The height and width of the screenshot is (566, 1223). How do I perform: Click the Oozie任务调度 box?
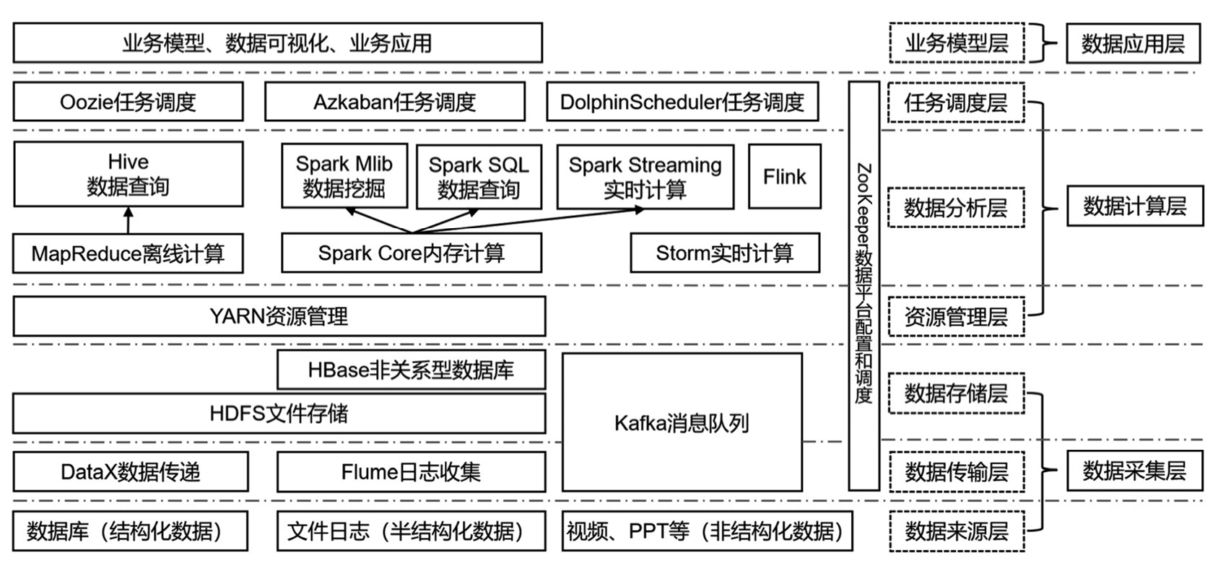(128, 102)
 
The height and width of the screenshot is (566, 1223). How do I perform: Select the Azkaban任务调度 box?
(394, 102)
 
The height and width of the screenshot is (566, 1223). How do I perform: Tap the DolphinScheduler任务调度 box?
(682, 102)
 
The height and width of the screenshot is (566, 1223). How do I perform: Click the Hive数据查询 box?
(128, 174)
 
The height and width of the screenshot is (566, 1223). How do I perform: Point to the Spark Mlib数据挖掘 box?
(344, 176)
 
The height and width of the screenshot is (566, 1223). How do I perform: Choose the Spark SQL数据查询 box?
(479, 177)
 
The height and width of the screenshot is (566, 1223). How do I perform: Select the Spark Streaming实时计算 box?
(645, 177)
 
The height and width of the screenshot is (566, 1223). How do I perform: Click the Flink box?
(784, 177)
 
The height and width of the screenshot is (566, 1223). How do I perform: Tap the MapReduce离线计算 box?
(128, 253)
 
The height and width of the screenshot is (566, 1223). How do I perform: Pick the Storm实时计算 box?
(724, 253)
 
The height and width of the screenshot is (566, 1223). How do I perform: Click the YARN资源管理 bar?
(279, 316)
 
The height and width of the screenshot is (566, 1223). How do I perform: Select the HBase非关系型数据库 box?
(411, 370)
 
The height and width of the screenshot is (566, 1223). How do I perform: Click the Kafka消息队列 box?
(682, 422)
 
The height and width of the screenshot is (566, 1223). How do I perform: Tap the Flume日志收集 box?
(411, 472)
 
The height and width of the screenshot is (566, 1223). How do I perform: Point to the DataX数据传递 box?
(130, 472)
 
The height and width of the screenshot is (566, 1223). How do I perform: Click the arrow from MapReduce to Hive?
(129, 221)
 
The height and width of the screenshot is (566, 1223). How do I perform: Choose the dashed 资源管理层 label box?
(955, 316)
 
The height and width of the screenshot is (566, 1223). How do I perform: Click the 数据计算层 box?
(1134, 206)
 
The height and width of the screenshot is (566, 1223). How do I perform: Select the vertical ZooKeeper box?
(863, 285)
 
